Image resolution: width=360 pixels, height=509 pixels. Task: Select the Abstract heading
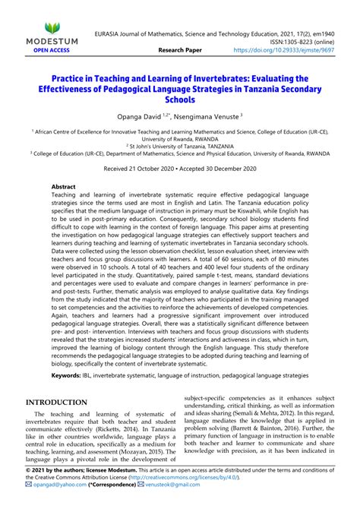click(64, 186)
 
